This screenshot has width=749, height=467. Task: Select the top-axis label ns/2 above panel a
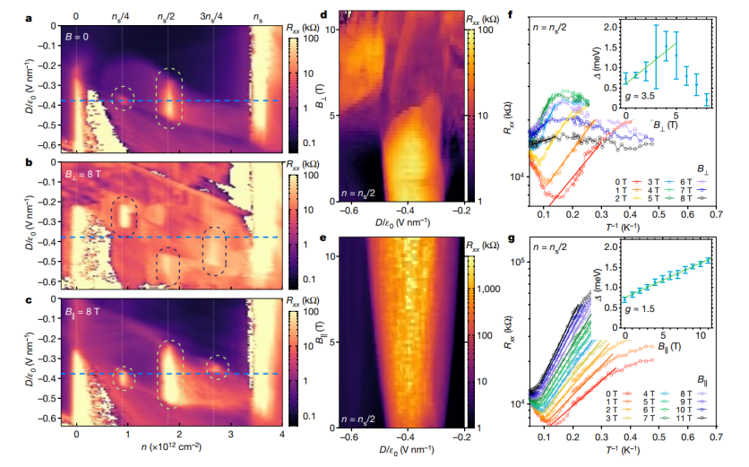coord(167,16)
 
